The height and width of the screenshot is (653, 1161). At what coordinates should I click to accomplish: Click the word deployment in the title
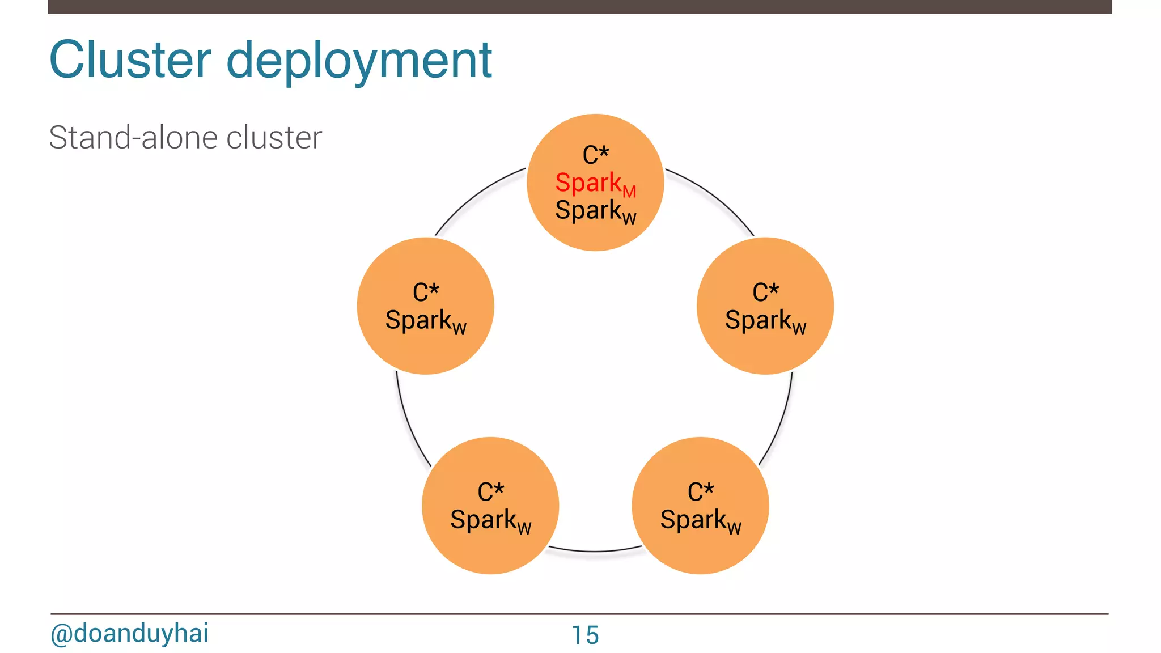[x=359, y=61]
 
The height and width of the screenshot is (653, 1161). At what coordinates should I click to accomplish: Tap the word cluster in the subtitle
[x=274, y=138]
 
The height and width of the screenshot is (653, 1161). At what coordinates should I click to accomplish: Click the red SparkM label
[x=595, y=184]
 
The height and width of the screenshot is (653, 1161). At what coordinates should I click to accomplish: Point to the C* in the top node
[x=595, y=155]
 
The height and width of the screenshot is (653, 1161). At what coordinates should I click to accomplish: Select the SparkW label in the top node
[x=595, y=211]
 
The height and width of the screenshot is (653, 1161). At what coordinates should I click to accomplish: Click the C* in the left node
[x=426, y=292]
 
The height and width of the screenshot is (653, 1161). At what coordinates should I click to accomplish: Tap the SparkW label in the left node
[x=426, y=321]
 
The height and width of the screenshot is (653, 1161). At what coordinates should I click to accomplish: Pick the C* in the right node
[x=765, y=292]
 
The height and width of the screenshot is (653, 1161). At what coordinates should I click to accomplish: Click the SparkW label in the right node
[x=765, y=321]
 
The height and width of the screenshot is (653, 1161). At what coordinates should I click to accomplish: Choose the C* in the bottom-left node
[x=490, y=492]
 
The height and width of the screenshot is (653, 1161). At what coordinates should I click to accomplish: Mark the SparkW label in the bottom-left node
[x=490, y=520]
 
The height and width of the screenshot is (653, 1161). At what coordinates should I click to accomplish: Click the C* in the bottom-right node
[x=701, y=492]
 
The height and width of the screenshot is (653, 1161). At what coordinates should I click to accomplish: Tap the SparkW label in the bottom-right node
[x=701, y=520]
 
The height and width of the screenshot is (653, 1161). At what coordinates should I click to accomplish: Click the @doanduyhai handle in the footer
[x=129, y=633]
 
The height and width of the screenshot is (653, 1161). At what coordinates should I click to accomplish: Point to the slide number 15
[x=585, y=635]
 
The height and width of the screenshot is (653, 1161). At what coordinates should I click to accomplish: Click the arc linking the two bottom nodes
[x=595, y=551]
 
